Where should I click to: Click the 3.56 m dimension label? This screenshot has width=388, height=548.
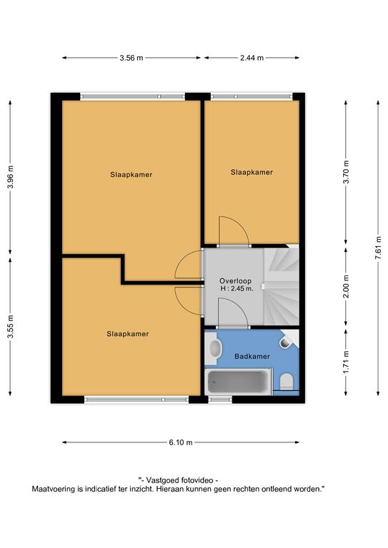tap(131, 58)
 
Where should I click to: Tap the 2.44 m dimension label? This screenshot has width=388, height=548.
tap(252, 58)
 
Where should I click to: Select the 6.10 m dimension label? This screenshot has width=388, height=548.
tap(181, 442)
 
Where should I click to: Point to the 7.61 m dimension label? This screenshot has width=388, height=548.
tap(378, 248)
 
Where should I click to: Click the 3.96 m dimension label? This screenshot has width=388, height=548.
tap(11, 177)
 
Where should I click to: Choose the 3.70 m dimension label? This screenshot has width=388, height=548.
tap(346, 172)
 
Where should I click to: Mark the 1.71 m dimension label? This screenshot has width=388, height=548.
tap(346, 362)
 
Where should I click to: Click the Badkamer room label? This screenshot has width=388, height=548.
tap(252, 357)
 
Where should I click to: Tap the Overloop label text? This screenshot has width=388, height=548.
tap(235, 280)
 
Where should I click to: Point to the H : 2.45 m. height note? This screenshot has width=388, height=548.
tap(237, 289)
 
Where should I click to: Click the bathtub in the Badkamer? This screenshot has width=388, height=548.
tap(238, 382)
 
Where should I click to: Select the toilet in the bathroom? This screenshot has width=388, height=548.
tap(287, 382)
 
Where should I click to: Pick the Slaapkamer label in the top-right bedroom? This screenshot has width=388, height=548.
tap(252, 172)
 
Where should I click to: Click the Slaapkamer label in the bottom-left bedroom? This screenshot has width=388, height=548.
tap(128, 334)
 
